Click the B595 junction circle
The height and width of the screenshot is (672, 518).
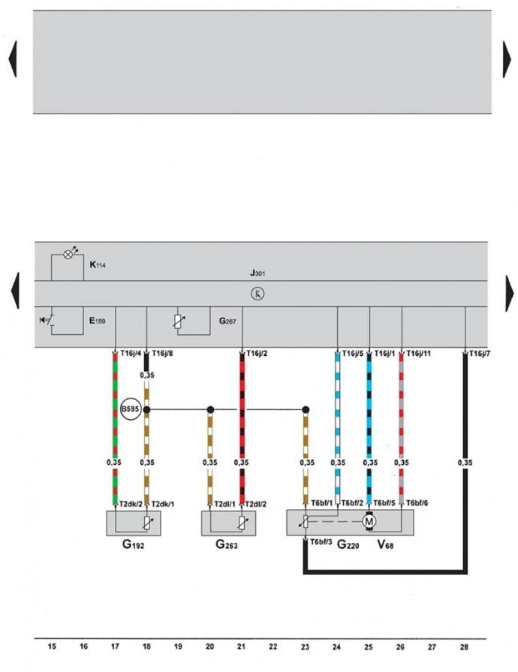[130, 409]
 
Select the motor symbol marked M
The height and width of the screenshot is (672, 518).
[369, 522]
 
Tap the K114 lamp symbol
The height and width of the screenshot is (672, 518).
[68, 254]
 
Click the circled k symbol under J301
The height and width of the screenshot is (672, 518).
[257, 294]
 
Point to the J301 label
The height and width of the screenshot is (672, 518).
[257, 273]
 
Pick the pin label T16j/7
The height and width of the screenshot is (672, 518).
[480, 354]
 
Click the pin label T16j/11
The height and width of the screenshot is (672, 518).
[419, 354]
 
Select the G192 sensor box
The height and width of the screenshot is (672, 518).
[134, 523]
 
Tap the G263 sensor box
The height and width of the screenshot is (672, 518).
[228, 523]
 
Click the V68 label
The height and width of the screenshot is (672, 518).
[385, 544]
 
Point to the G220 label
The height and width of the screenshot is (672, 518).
[348, 544]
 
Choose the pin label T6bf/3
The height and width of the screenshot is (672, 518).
[321, 541]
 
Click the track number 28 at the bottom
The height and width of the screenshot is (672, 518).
[464, 646]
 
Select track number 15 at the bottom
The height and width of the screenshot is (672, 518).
[52, 646]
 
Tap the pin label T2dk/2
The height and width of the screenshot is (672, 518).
[131, 504]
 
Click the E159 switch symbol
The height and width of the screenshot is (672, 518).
[47, 320]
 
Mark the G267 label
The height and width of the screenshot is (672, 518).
[227, 321]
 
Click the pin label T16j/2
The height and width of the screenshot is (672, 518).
[257, 354]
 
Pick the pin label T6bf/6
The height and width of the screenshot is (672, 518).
[417, 503]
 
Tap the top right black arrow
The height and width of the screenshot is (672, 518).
[507, 59]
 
